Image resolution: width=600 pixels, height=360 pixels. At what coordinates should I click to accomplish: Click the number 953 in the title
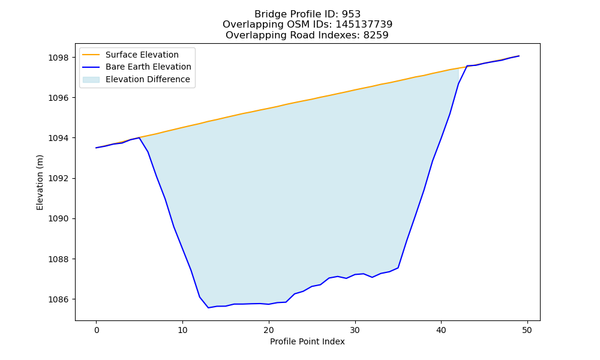click(351, 14)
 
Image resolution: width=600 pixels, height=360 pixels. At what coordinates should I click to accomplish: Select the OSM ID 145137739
click(364, 25)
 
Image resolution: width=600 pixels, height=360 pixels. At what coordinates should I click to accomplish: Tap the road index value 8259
click(376, 35)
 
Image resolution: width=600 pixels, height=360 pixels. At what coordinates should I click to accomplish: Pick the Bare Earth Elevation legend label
click(148, 67)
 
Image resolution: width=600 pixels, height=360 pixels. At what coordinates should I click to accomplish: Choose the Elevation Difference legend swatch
click(91, 80)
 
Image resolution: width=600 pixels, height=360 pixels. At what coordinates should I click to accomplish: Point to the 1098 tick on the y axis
click(58, 58)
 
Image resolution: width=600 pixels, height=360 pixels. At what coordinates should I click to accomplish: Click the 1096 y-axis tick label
click(58, 98)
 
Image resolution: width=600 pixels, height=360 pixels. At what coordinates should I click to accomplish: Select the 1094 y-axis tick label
click(58, 138)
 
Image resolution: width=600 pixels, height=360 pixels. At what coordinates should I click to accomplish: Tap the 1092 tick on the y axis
click(58, 179)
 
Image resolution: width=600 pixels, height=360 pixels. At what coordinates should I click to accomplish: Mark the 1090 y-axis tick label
click(58, 219)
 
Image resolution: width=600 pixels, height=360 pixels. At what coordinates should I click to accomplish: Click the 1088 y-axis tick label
click(58, 259)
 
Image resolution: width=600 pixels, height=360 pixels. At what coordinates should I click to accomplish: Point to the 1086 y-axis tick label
click(58, 299)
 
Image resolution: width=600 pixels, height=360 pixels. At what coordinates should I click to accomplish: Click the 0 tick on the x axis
click(97, 330)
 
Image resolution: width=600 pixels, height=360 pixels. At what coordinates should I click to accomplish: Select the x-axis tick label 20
click(269, 330)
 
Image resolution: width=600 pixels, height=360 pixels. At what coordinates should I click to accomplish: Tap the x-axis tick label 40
click(441, 330)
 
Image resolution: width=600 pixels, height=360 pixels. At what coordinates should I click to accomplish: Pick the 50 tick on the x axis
click(527, 330)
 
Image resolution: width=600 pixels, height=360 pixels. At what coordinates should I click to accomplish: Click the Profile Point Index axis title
click(307, 341)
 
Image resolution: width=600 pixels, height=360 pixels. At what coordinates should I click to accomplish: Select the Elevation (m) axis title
click(40, 182)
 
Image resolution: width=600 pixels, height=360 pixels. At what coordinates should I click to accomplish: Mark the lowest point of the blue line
click(209, 308)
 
